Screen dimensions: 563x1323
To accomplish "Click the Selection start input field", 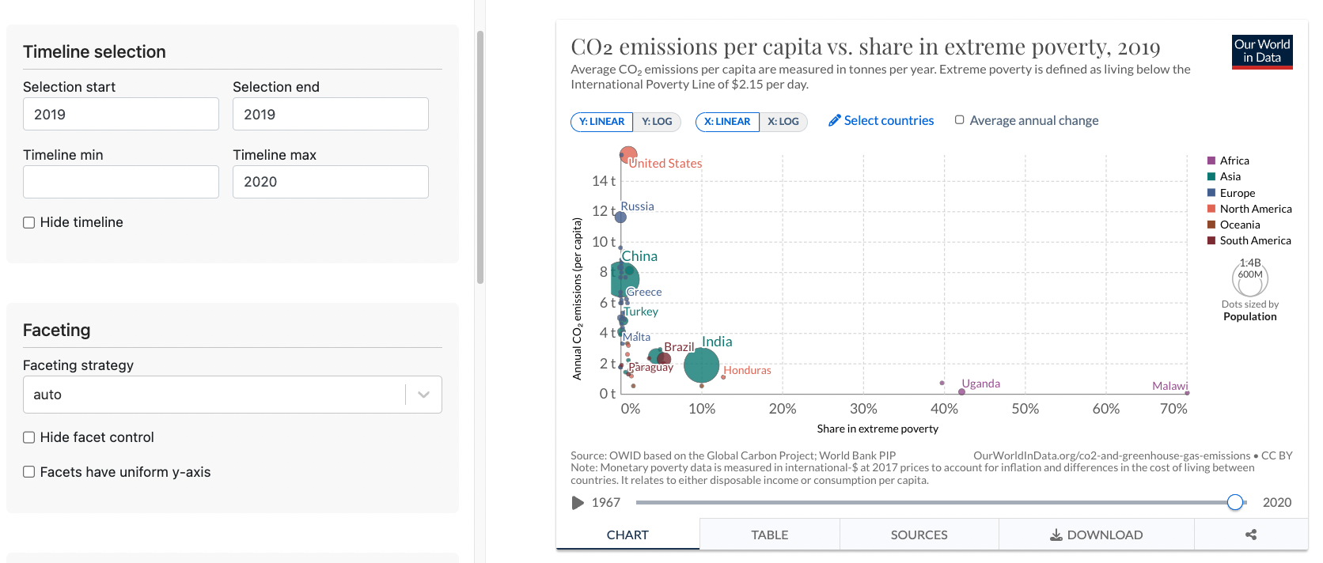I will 120,114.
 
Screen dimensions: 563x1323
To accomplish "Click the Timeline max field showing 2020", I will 330,182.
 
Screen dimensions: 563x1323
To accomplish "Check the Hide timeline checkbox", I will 29,223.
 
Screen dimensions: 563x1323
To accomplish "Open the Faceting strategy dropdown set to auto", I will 232,395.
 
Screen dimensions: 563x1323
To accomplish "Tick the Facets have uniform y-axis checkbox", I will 29,472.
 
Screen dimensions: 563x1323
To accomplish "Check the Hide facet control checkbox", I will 29,437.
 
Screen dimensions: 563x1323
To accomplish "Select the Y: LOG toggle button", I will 656,122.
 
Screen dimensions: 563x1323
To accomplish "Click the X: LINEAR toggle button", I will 726,122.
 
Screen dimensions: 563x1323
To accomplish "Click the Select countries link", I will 881,120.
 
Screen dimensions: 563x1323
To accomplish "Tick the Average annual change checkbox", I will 960,120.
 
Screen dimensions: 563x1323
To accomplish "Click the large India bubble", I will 701,365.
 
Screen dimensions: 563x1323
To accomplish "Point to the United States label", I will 665,164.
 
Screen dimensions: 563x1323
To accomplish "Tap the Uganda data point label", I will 980,384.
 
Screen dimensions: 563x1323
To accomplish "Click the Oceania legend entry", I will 1239,225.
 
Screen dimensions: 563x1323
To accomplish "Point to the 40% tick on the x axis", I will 944,409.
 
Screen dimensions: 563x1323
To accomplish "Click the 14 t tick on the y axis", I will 603,181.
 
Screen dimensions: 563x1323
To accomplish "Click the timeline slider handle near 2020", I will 1234,502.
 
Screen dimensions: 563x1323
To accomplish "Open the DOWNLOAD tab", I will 1096,535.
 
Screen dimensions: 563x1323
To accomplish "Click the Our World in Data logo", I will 1262,51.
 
